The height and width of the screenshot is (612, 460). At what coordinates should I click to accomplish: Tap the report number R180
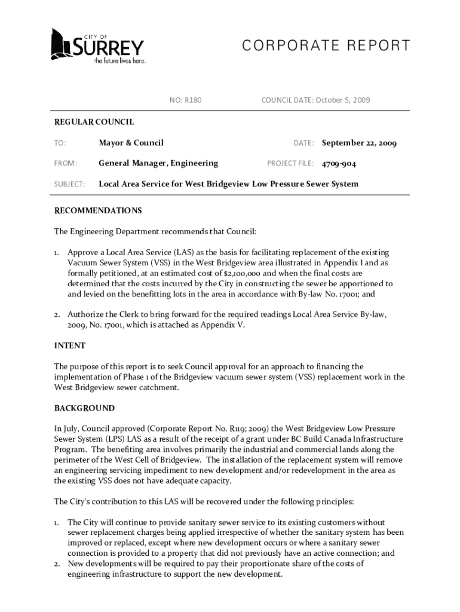click(x=192, y=100)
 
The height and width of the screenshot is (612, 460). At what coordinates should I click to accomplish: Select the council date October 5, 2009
click(x=337, y=100)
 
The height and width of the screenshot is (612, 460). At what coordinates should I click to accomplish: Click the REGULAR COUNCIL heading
click(x=94, y=122)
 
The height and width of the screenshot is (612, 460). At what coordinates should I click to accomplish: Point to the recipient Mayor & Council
click(x=131, y=143)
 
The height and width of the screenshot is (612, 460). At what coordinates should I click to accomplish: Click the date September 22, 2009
click(x=359, y=143)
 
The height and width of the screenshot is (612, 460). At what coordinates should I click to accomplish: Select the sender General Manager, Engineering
click(x=158, y=163)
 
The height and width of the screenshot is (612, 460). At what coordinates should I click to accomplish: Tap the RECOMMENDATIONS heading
click(x=98, y=210)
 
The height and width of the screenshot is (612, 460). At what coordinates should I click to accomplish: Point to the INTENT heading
click(x=69, y=345)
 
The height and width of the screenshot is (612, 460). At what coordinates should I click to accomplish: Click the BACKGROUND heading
click(x=84, y=408)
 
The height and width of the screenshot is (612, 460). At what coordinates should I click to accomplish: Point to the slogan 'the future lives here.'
click(x=119, y=61)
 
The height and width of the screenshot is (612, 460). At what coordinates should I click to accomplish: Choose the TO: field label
click(x=60, y=143)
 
